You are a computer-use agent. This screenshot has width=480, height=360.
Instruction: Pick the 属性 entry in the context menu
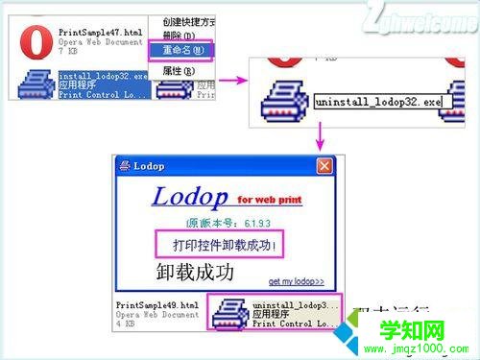tap(177, 70)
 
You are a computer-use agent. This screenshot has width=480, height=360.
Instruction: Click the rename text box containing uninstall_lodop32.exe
tap(375, 100)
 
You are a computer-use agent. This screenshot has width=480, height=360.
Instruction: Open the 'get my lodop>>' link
tap(296, 281)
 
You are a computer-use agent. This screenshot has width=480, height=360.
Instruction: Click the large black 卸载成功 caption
tap(195, 272)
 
